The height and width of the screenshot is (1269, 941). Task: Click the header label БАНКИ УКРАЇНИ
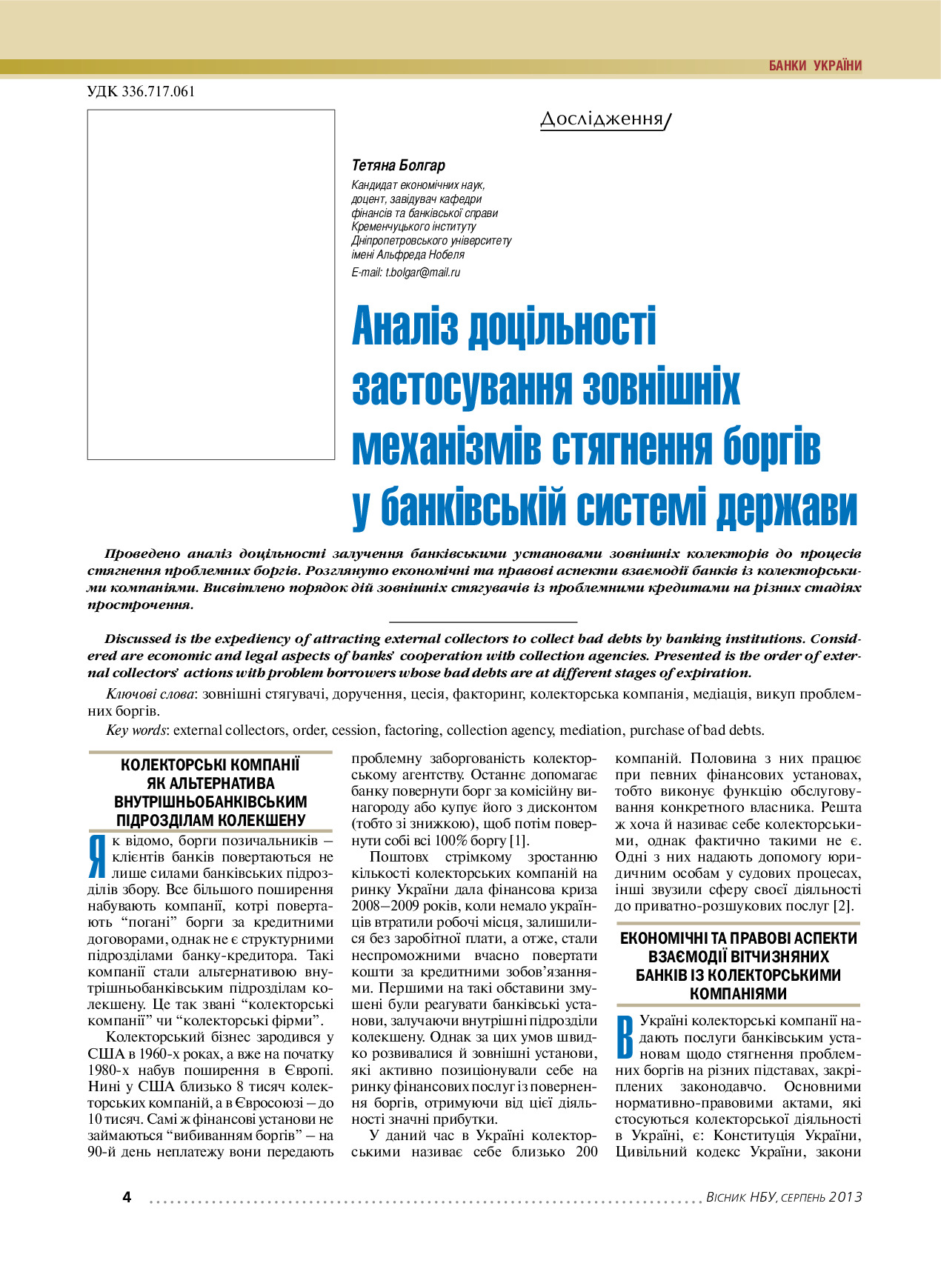coord(815,66)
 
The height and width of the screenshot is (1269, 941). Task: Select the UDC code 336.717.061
coord(141,92)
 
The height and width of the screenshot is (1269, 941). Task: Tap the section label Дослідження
coord(602,119)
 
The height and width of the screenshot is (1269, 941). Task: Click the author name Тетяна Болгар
coord(398,165)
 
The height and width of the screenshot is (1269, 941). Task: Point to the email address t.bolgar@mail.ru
coord(422,273)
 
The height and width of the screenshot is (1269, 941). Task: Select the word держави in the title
coord(787,507)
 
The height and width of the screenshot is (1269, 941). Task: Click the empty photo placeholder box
coord(210,284)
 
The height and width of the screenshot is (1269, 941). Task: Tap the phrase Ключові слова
coord(150,695)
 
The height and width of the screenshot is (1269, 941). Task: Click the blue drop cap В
coord(625,1036)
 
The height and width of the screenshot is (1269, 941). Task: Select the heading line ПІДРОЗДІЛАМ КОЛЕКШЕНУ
coord(210,820)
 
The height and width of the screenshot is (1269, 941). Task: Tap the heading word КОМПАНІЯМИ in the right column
coord(737,993)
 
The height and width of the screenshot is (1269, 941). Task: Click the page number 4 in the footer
coord(127,1197)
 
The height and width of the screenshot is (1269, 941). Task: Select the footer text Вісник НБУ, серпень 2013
coord(784,1197)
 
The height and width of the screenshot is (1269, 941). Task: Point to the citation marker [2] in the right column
coord(842,906)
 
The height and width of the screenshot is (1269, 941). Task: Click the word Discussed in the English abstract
coord(136,639)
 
